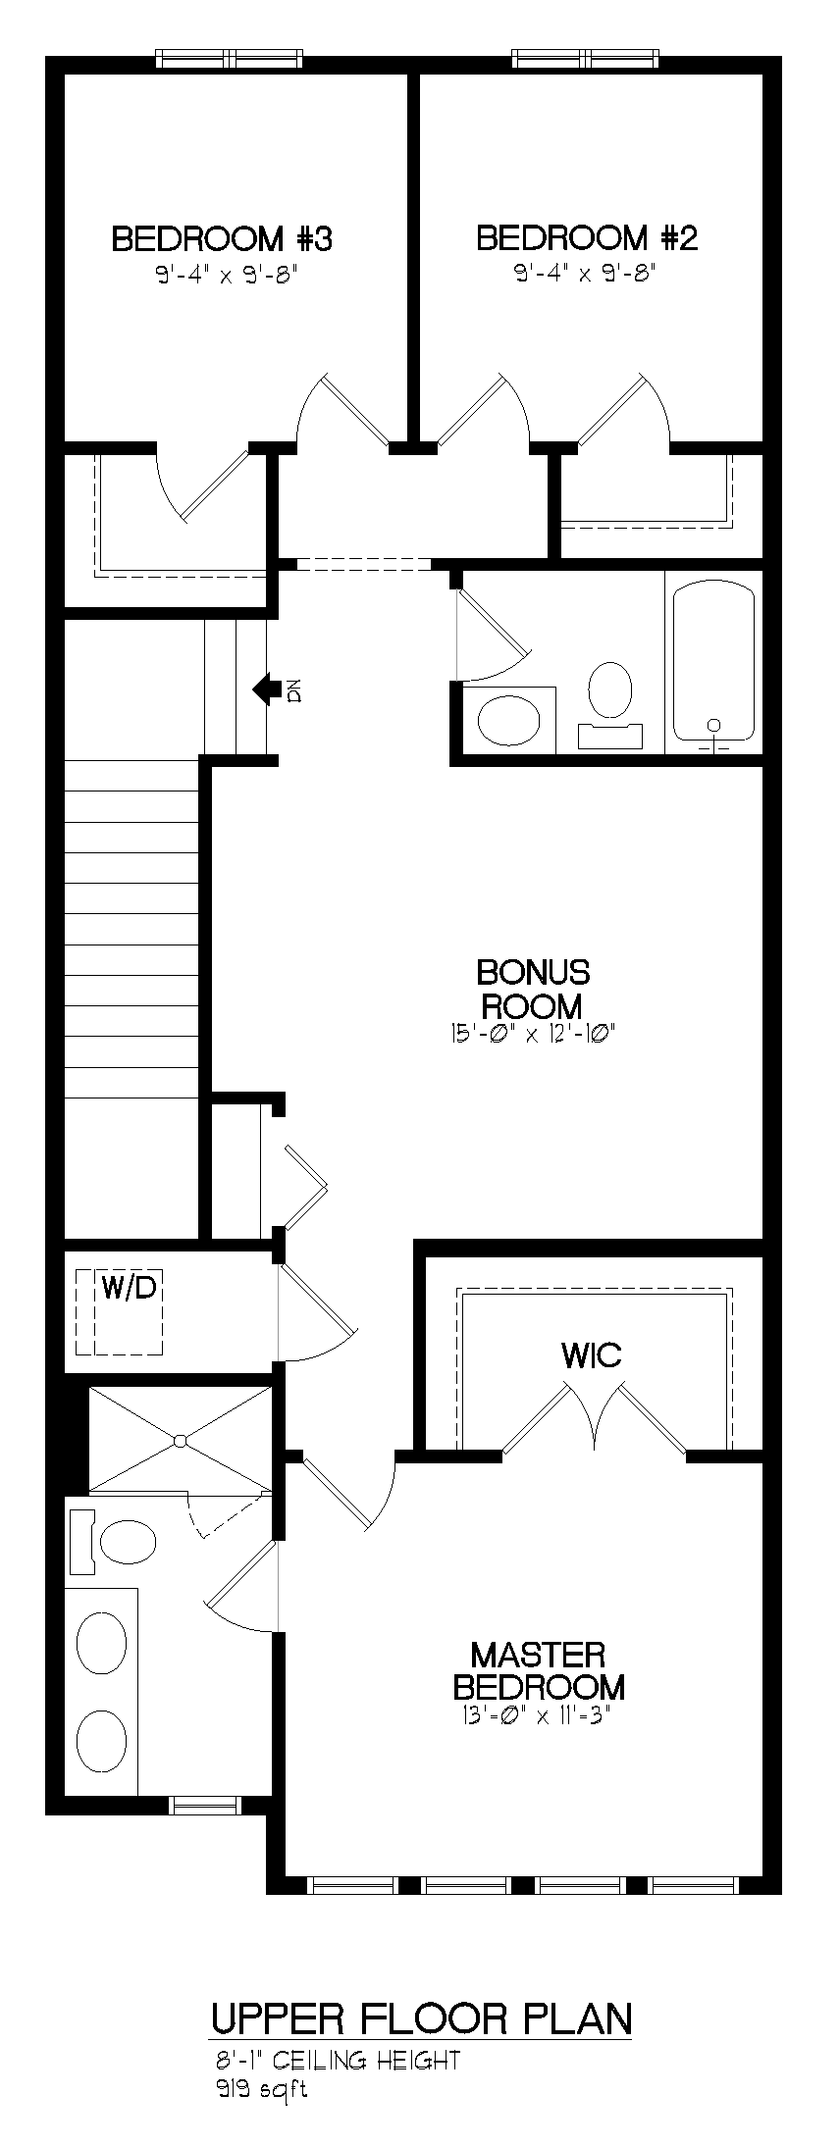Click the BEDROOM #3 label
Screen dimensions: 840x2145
223,238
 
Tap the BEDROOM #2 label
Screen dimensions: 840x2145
587,238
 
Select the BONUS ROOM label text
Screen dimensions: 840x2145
533,989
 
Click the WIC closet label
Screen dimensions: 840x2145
592,1355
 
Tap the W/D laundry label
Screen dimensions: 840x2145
129,1288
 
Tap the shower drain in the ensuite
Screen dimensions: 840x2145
180,1441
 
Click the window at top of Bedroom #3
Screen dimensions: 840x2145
230,59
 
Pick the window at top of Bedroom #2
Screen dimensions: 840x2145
585,59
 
